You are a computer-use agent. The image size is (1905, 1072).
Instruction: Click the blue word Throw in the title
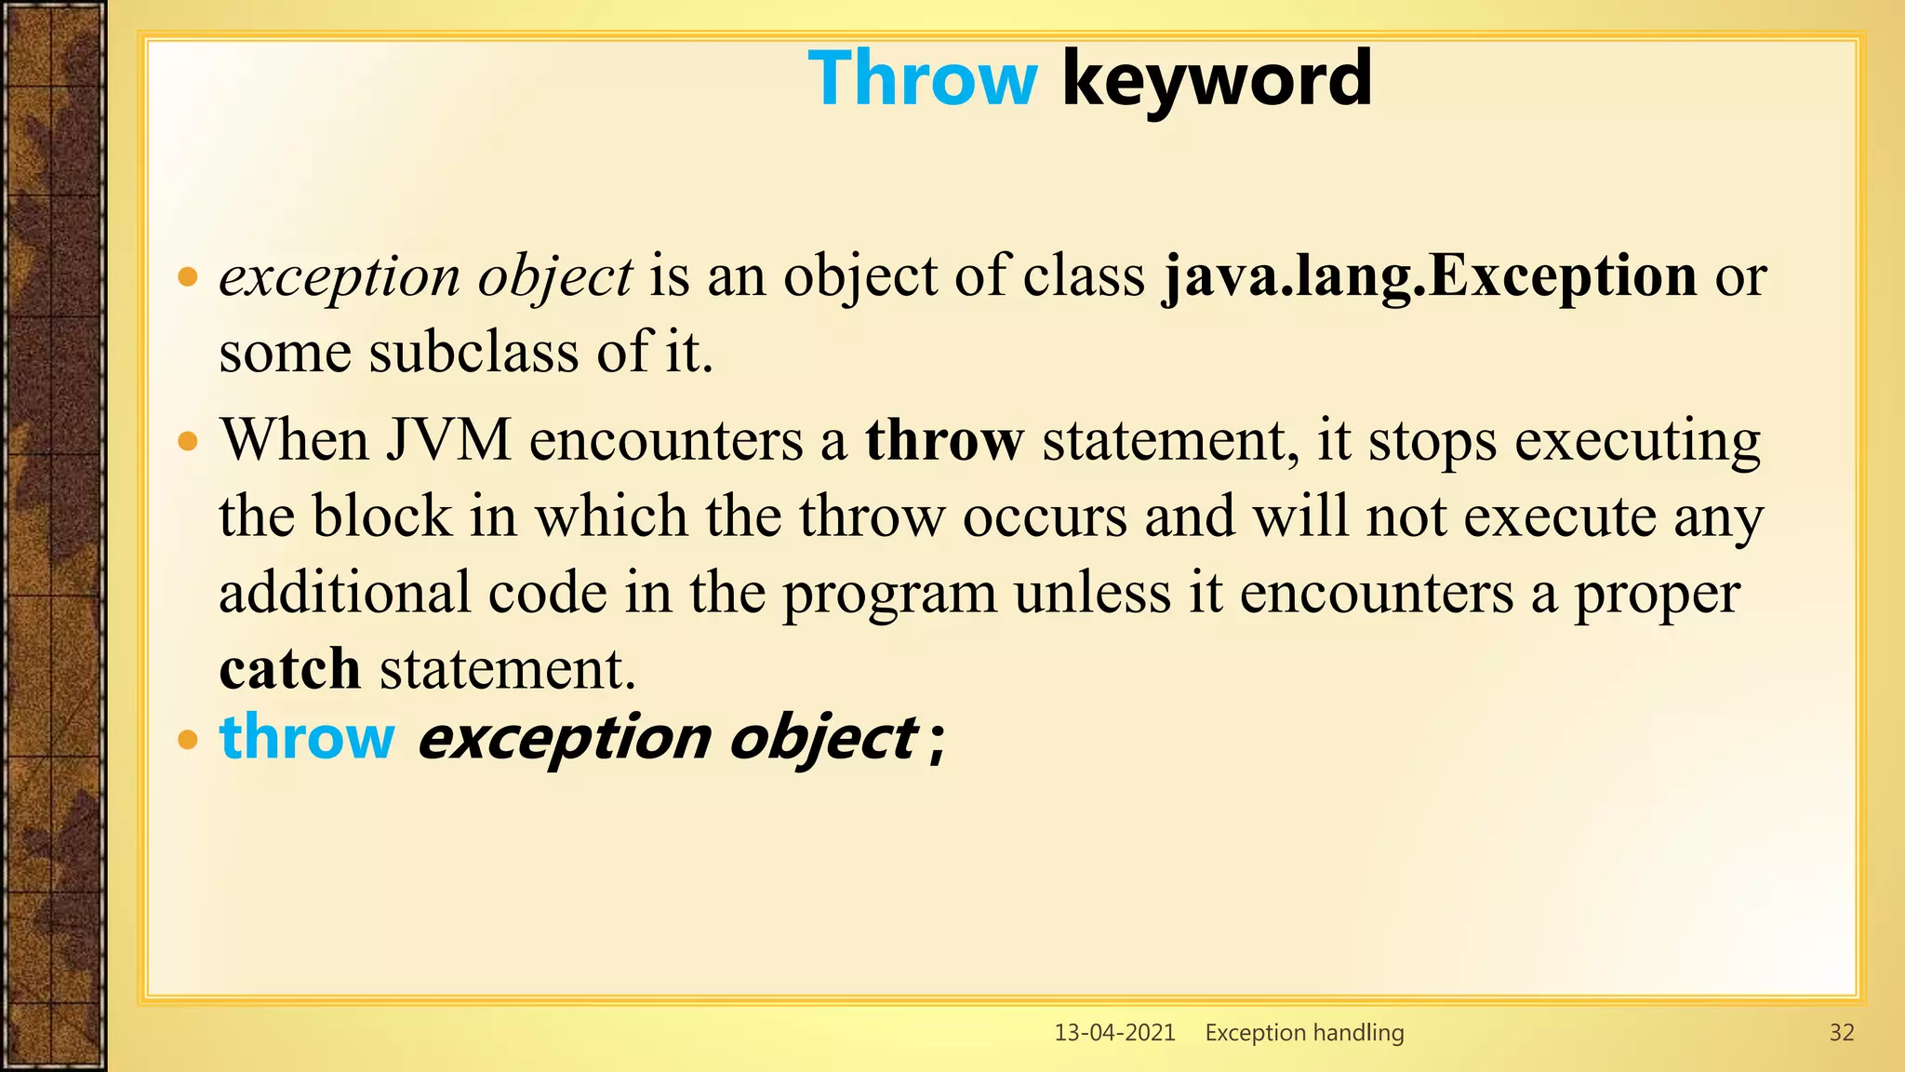[922, 79]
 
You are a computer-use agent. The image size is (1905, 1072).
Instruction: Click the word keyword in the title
[1216, 79]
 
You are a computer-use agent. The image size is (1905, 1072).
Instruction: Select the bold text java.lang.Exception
[1430, 276]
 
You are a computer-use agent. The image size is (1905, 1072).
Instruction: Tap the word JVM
[448, 440]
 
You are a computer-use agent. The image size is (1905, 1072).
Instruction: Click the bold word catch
[289, 669]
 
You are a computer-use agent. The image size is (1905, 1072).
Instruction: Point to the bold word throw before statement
[944, 440]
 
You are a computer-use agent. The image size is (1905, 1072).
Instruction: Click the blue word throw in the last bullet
[307, 737]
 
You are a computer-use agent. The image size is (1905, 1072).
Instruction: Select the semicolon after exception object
[937, 743]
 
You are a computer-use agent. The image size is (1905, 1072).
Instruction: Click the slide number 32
[1841, 1032]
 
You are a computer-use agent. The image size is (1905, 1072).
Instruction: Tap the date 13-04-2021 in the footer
[1114, 1032]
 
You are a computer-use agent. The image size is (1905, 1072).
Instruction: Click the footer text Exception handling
[1304, 1032]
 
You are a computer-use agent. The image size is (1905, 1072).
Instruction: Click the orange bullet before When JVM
[189, 441]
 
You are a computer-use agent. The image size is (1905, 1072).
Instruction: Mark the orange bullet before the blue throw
[189, 741]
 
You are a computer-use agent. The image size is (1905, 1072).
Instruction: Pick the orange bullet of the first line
[189, 277]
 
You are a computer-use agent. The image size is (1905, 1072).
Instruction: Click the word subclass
[473, 353]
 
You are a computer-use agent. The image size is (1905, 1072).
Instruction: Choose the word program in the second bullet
[889, 593]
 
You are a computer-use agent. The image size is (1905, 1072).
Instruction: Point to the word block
[381, 516]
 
